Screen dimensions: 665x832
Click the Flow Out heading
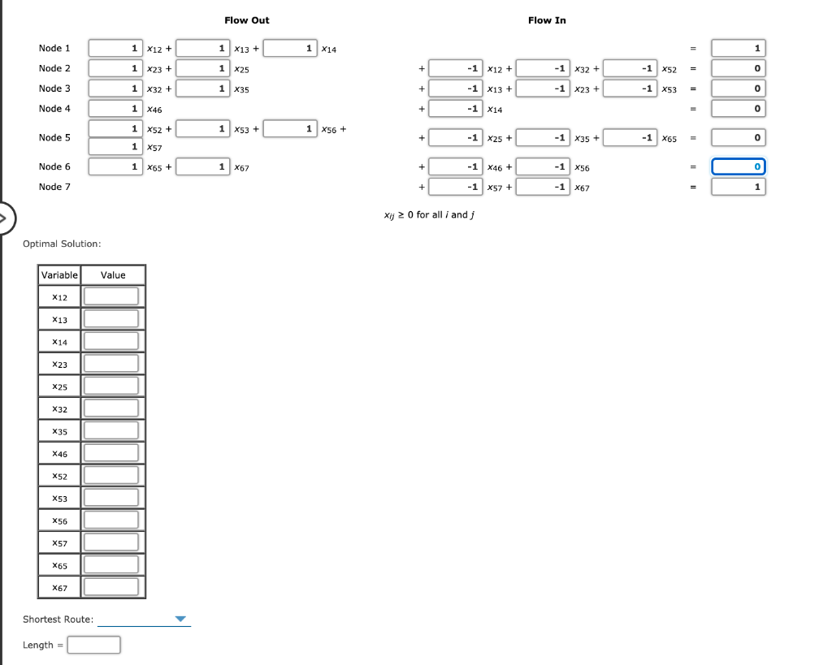(246, 20)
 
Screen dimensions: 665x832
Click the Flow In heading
(547, 20)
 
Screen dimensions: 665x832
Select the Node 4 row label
(54, 109)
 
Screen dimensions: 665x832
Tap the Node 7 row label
(54, 187)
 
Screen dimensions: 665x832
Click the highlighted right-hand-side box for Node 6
(738, 167)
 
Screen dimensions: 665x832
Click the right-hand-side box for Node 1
(738, 49)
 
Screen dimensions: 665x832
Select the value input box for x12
(111, 296)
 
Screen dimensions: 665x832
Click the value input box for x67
(111, 586)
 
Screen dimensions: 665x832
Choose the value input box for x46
(111, 452)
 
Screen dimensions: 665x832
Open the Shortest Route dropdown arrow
(181, 620)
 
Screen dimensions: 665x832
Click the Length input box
(94, 646)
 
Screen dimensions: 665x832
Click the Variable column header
(59, 275)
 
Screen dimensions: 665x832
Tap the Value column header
(113, 275)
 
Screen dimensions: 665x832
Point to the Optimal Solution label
(62, 244)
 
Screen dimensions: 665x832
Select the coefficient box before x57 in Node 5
(115, 147)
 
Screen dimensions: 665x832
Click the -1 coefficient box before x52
(630, 69)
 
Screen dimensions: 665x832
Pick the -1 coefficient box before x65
(630, 138)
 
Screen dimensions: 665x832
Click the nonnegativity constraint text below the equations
(428, 215)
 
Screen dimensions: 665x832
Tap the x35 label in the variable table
(59, 430)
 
